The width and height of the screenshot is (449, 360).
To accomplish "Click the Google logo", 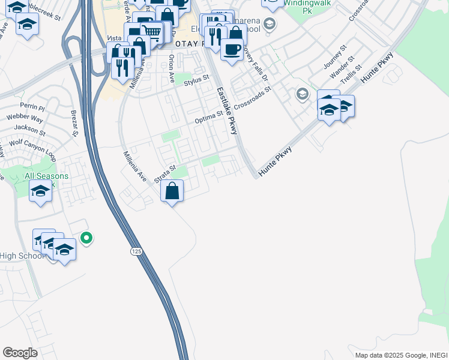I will tap(20, 353).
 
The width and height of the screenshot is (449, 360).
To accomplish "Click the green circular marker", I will tap(87, 238).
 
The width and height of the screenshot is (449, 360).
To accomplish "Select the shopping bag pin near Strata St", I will tap(172, 191).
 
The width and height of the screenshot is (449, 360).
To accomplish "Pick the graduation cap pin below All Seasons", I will tap(40, 191).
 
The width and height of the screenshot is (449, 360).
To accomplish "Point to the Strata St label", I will tap(163, 174).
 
